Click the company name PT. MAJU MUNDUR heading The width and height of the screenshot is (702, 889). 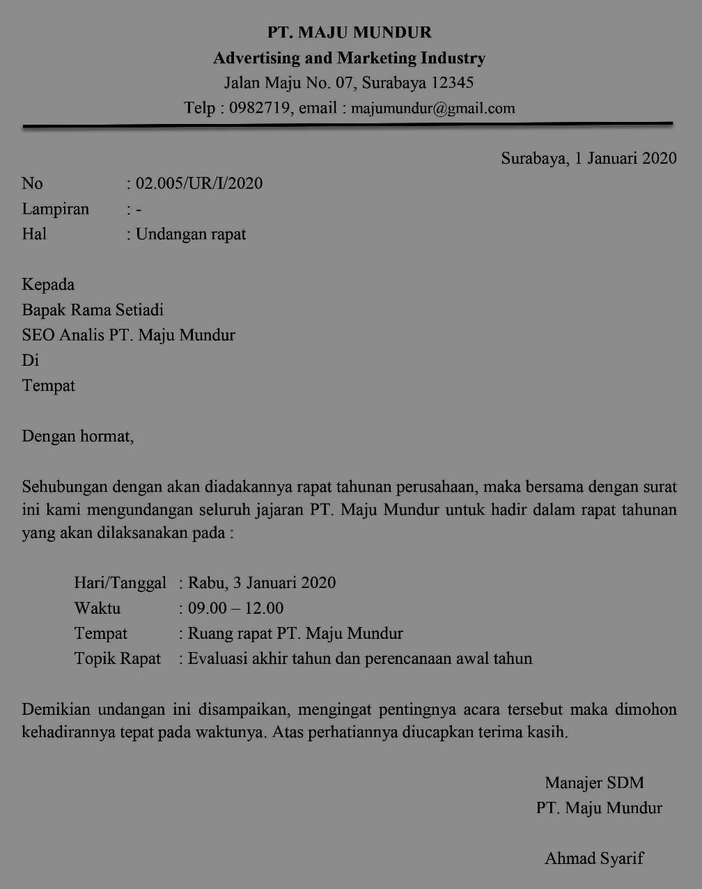tap(350, 32)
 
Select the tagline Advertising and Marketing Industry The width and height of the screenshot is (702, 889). tap(350, 58)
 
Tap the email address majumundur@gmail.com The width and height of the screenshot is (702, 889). tap(433, 108)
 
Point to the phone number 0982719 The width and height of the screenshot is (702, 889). tap(260, 108)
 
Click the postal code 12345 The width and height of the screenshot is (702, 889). tap(452, 83)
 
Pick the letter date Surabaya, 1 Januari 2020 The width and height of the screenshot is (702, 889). tap(588, 158)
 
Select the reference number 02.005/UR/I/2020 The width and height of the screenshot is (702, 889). tap(199, 183)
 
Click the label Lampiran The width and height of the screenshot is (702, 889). tap(56, 209)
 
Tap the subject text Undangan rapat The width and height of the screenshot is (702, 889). tap(191, 234)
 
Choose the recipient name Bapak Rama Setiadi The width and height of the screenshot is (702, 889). tap(93, 309)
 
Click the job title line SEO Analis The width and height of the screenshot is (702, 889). tap(63, 335)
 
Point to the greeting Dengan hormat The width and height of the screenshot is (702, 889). tap(77, 437)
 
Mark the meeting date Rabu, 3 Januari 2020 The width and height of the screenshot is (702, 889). tap(262, 582)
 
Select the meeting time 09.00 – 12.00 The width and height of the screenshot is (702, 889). tap(235, 608)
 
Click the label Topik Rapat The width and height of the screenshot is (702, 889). tap(118, 658)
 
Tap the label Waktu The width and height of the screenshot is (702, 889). tap(97, 608)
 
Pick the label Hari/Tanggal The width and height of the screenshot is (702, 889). tap(120, 582)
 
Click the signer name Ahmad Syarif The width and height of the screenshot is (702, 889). tap(594, 858)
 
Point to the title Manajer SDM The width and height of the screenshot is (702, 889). tap(594, 782)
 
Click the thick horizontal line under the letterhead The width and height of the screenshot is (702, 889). tap(348, 125)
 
